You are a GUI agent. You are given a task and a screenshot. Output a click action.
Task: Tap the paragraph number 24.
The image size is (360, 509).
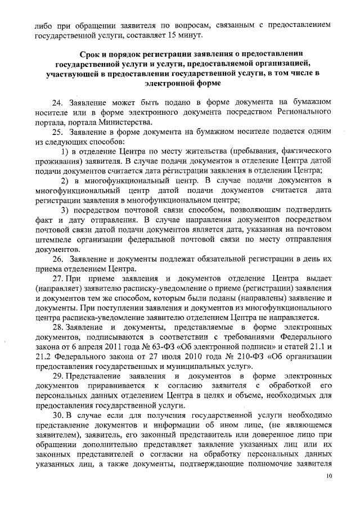click(x=57, y=103)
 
